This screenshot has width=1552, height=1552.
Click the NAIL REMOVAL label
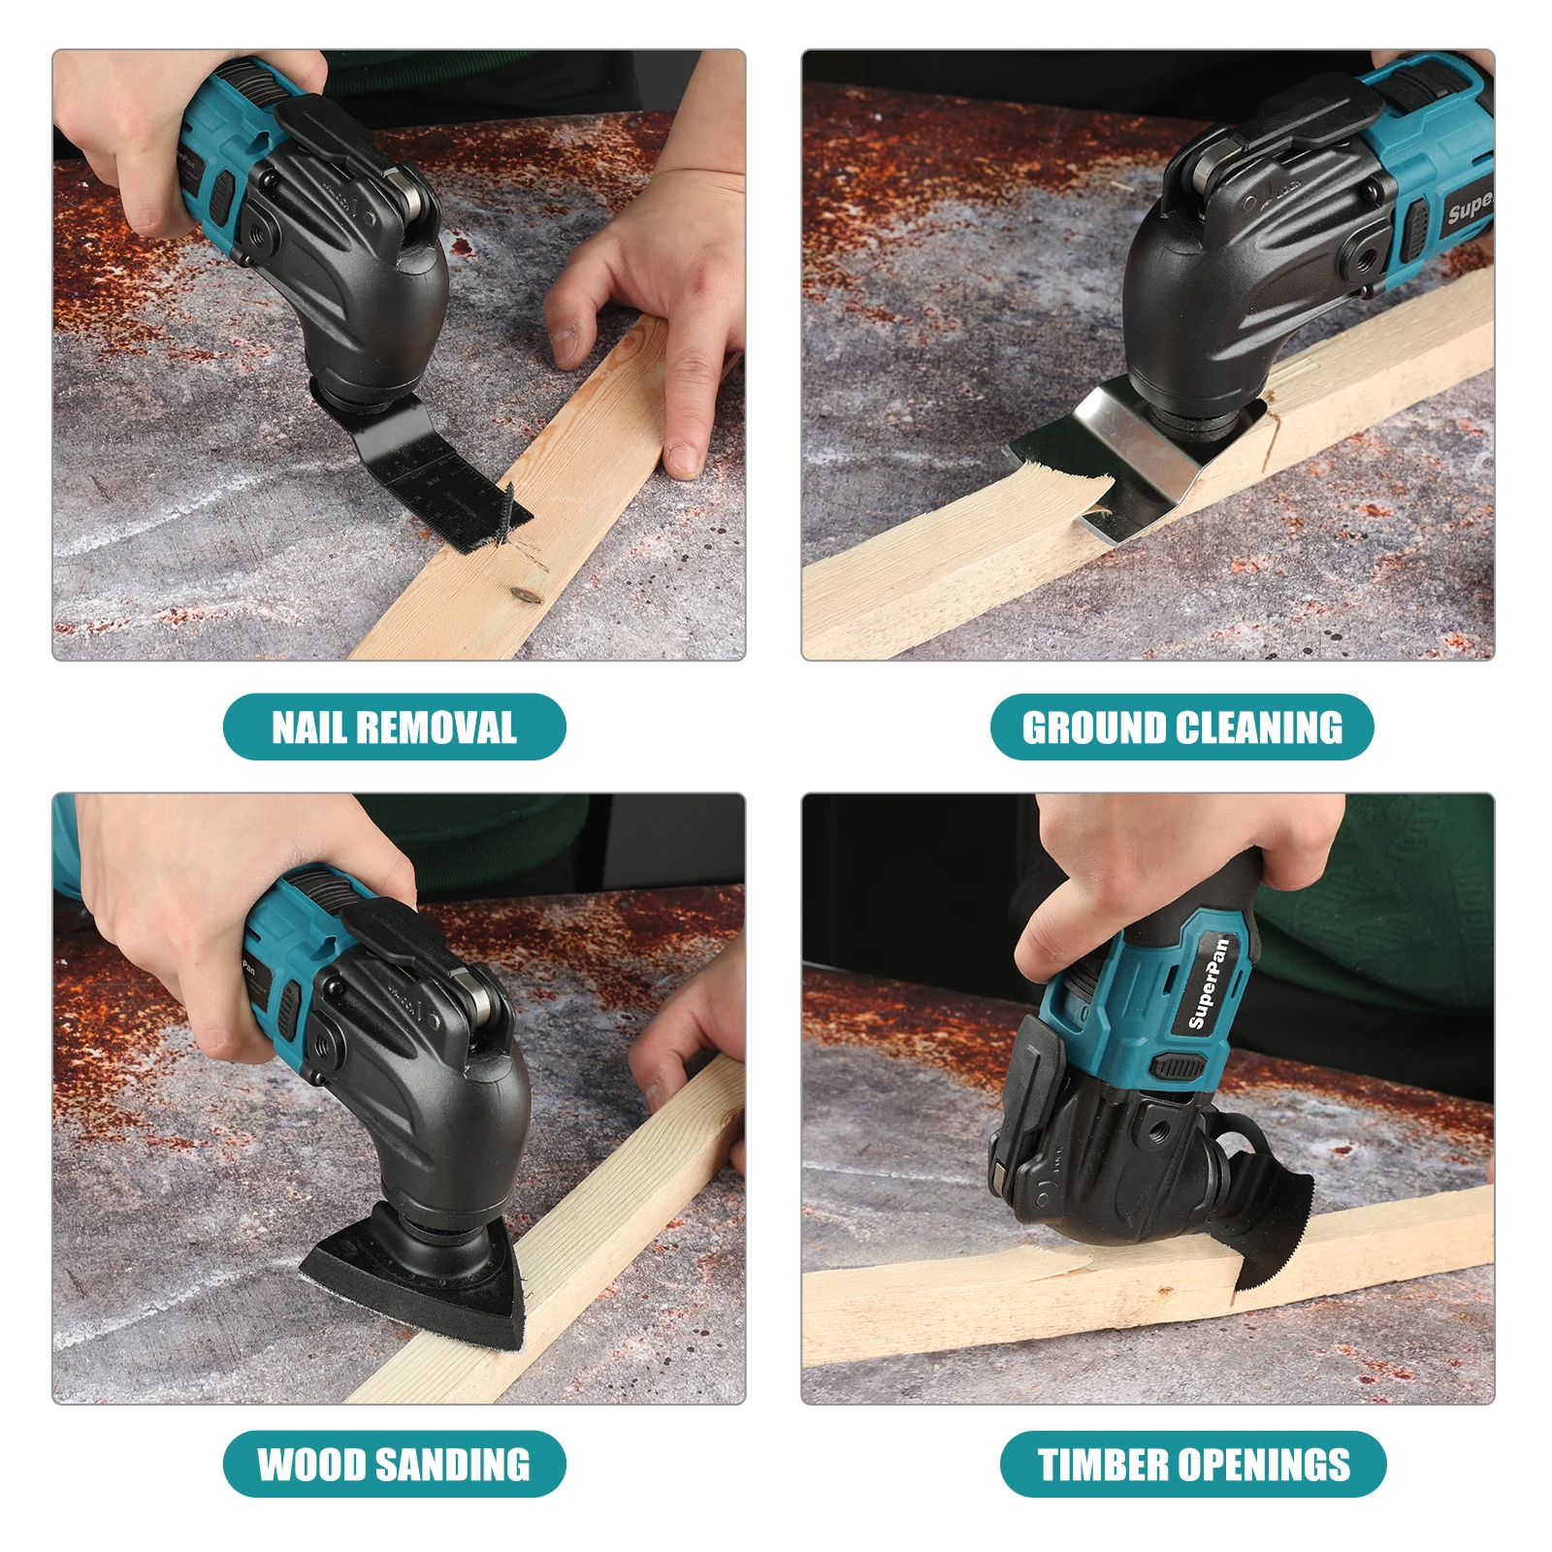(x=394, y=727)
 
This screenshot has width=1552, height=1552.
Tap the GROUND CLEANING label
(x=1181, y=727)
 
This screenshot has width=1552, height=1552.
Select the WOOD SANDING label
(x=394, y=1464)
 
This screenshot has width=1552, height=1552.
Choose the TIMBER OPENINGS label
(x=1193, y=1464)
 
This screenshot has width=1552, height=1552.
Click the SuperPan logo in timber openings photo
(x=1210, y=984)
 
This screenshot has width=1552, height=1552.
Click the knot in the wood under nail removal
(x=525, y=594)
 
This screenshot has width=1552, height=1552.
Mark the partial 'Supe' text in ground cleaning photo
(x=1469, y=206)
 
